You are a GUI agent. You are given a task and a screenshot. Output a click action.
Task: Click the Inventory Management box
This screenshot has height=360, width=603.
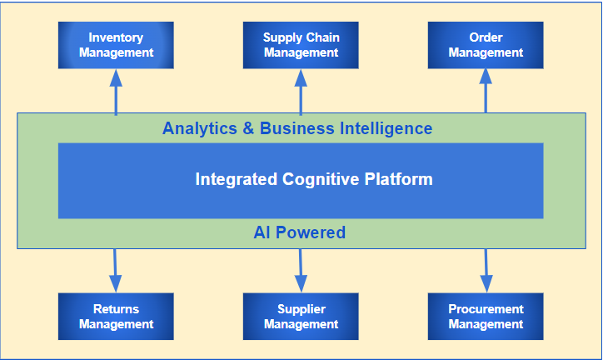pyautogui.click(x=116, y=45)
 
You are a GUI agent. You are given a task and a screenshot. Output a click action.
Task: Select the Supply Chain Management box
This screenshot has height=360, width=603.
pyautogui.click(x=301, y=45)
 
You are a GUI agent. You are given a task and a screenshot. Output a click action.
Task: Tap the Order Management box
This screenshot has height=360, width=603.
pyautogui.click(x=486, y=45)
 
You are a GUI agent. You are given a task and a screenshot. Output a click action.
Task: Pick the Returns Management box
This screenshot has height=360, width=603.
pyautogui.click(x=116, y=317)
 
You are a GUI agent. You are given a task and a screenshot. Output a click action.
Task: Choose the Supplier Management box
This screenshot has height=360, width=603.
pyautogui.click(x=301, y=317)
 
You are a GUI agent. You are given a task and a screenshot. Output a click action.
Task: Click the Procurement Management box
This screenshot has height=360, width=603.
pyautogui.click(x=486, y=317)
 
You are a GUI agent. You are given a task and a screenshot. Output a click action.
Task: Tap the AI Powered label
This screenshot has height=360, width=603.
pyautogui.click(x=299, y=232)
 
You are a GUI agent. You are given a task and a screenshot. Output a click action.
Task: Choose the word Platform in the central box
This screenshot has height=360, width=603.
pyautogui.click(x=403, y=179)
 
